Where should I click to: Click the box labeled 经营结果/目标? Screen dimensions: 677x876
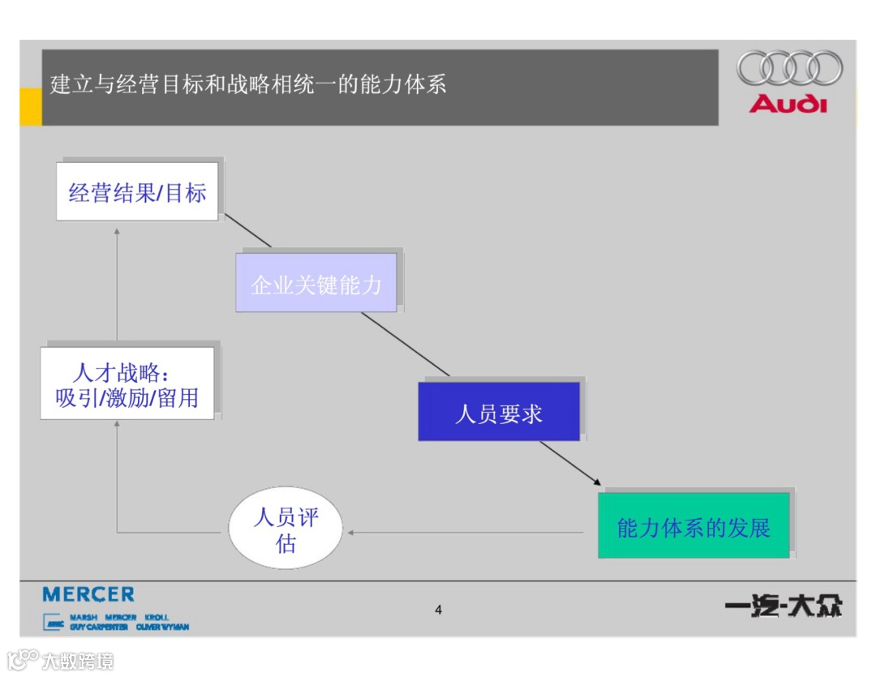[x=137, y=192]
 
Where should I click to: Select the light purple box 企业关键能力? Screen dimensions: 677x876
[x=316, y=283]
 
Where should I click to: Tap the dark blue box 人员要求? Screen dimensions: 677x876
[x=498, y=412]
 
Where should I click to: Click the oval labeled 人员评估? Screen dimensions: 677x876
[x=285, y=530]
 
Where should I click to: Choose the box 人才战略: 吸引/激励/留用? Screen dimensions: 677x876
[x=127, y=383]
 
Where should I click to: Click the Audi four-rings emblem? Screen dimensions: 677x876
[x=789, y=68]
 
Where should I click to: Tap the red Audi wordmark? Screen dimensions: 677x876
[x=788, y=104]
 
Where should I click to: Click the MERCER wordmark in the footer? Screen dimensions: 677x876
[x=88, y=595]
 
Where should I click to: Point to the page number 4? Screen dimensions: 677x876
[x=438, y=610]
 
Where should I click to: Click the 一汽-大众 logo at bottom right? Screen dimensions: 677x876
[x=783, y=606]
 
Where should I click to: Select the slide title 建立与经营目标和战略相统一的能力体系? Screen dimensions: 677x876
[x=248, y=84]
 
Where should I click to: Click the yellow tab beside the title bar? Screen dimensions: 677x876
[x=30, y=107]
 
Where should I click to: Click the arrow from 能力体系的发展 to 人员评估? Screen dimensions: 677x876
[x=466, y=533]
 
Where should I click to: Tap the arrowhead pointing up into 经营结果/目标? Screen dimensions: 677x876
[x=117, y=233]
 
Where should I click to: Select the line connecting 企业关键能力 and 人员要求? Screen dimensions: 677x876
[x=406, y=345]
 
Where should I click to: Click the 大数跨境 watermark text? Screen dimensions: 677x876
[x=78, y=661]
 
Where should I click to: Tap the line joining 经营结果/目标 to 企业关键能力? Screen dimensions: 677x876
[x=247, y=230]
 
